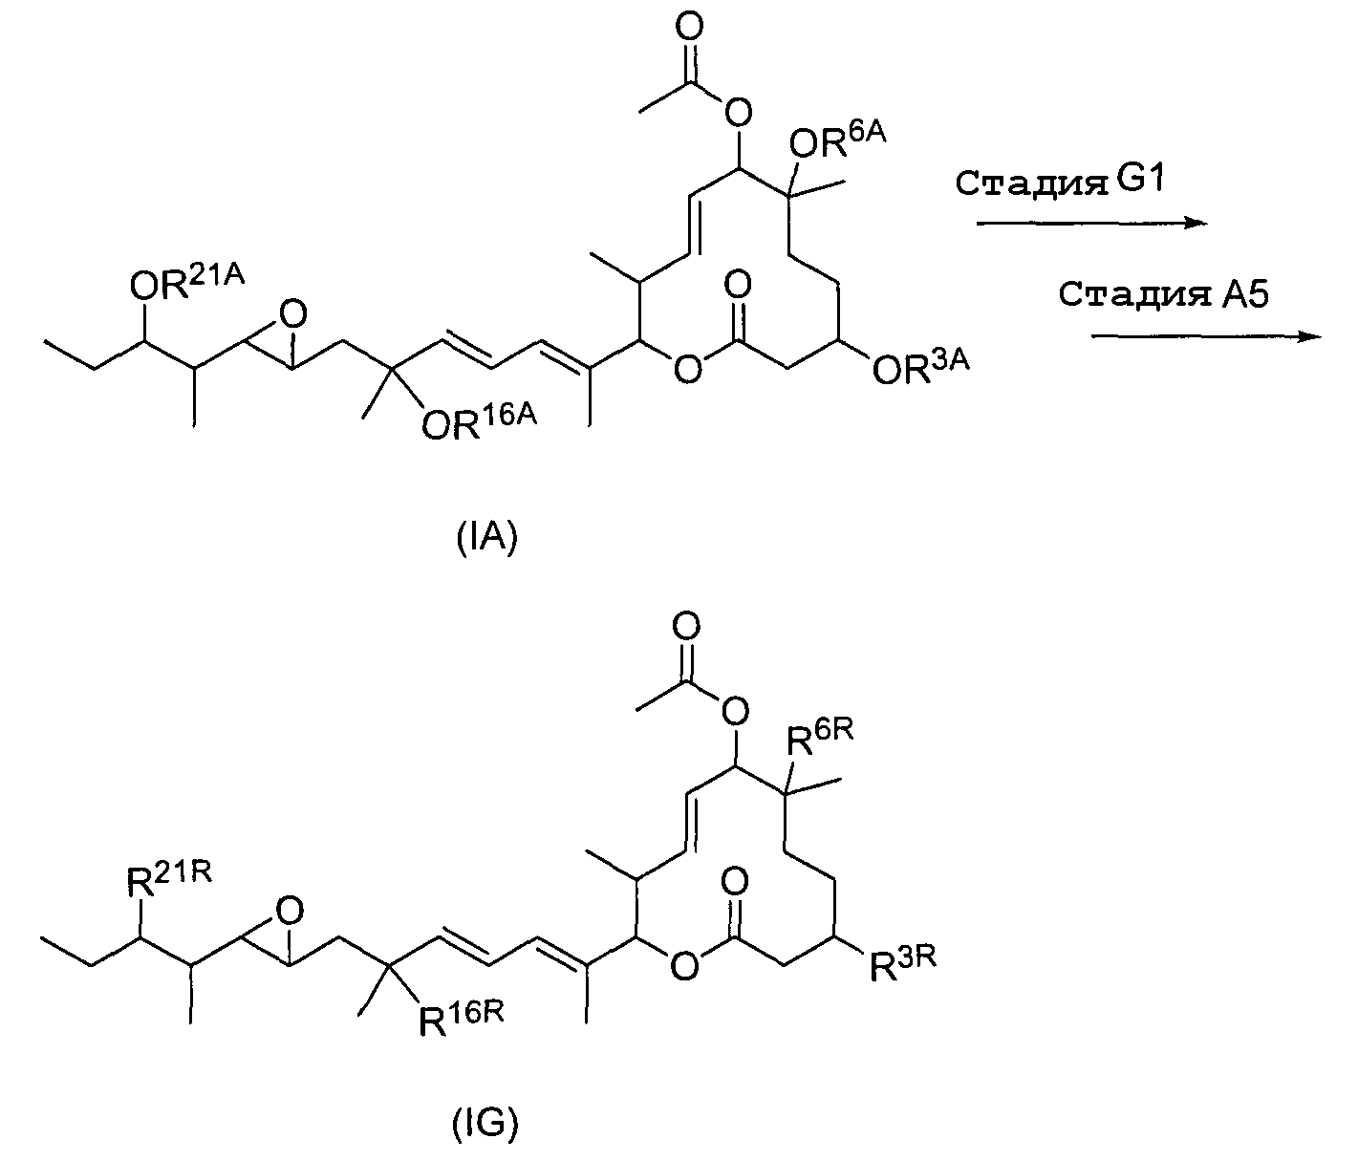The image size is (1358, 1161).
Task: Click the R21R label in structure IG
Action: tap(169, 880)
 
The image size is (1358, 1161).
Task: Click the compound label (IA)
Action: tap(487, 540)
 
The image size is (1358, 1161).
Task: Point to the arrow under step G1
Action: tap(1089, 223)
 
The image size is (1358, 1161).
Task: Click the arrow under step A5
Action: tap(1206, 335)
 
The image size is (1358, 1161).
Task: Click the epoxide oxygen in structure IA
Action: tap(292, 312)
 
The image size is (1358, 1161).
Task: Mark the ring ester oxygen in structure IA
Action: tap(684, 370)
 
